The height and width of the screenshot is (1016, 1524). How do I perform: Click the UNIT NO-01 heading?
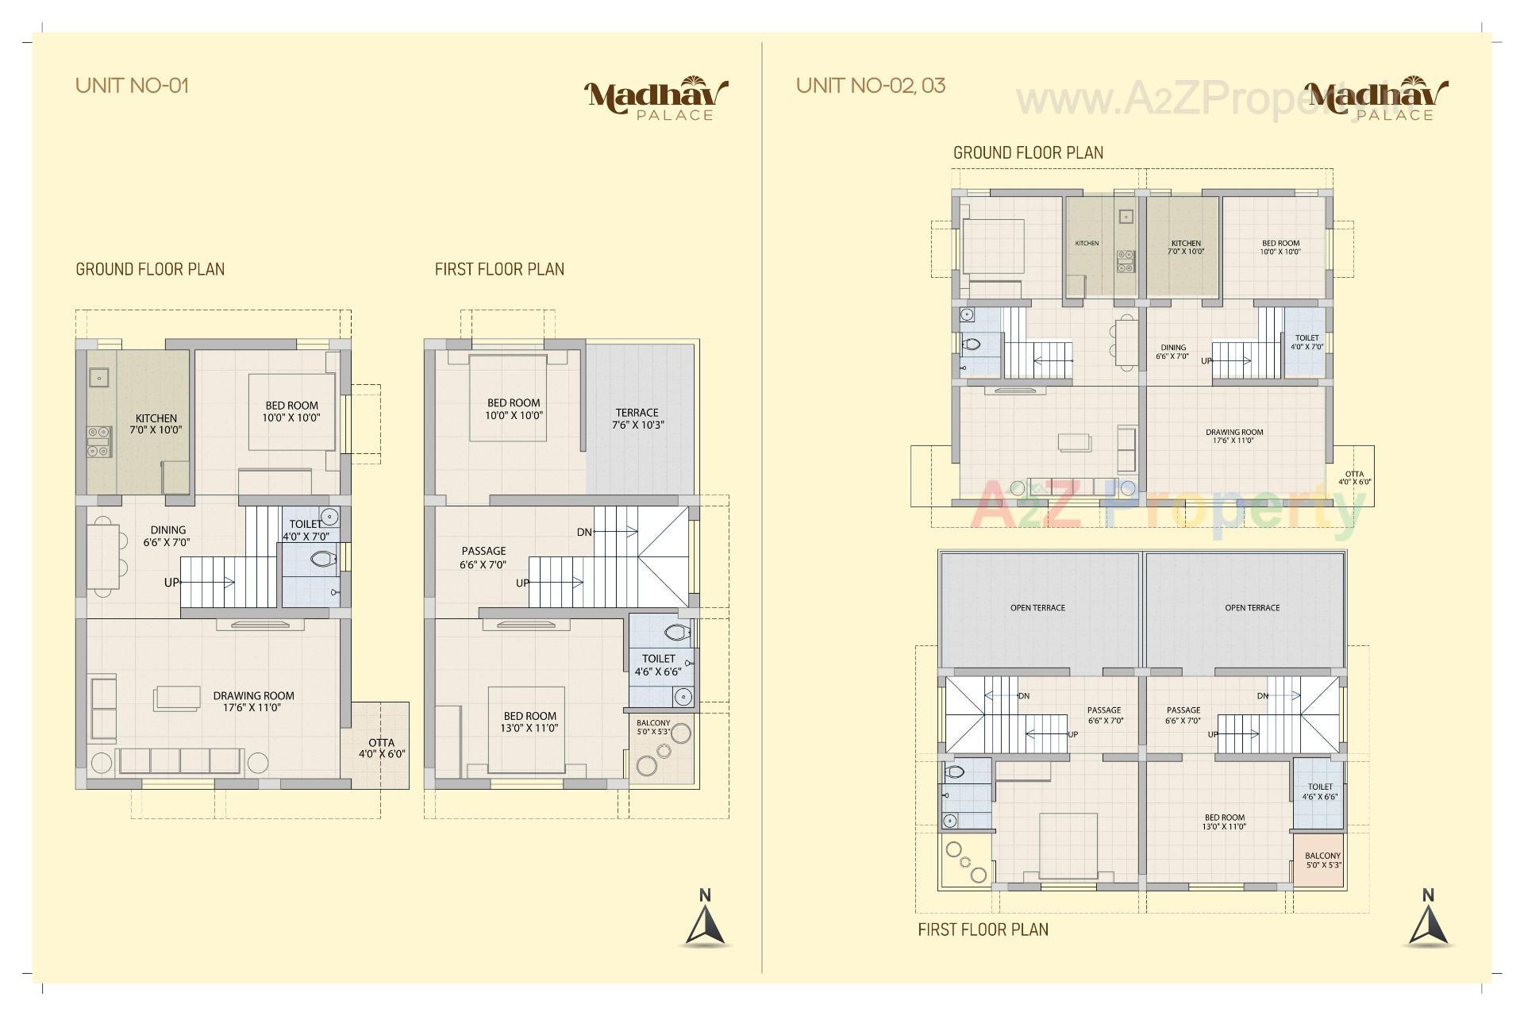[x=132, y=86]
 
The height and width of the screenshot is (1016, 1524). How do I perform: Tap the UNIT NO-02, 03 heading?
[x=871, y=86]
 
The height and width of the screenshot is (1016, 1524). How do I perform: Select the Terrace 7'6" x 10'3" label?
[x=637, y=418]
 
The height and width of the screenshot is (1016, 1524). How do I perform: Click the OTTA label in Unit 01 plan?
[x=382, y=749]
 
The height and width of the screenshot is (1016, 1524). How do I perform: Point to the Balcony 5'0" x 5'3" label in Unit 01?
[x=653, y=727]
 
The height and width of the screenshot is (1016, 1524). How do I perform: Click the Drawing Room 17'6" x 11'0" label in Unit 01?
[x=253, y=702]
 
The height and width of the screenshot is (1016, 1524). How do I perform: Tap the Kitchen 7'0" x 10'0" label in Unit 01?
[x=156, y=424]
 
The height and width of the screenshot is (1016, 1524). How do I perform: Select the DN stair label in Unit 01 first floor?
[x=584, y=532]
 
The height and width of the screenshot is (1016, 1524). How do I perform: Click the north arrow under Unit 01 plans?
[x=705, y=921]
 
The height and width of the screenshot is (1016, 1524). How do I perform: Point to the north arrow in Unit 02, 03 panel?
[x=1428, y=921]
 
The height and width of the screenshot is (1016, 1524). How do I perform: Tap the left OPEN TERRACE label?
[x=1037, y=608]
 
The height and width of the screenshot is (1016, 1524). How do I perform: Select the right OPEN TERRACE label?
[x=1252, y=608]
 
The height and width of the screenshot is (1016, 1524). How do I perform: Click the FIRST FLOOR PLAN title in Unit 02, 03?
[x=983, y=929]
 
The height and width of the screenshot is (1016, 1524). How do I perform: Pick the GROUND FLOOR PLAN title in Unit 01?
[x=150, y=269]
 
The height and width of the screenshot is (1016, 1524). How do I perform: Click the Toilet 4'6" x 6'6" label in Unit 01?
[x=658, y=664]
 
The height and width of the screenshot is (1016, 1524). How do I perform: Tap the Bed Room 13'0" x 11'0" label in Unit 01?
[x=529, y=722]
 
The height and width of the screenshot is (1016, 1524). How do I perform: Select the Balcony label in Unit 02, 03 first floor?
[x=1322, y=860]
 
